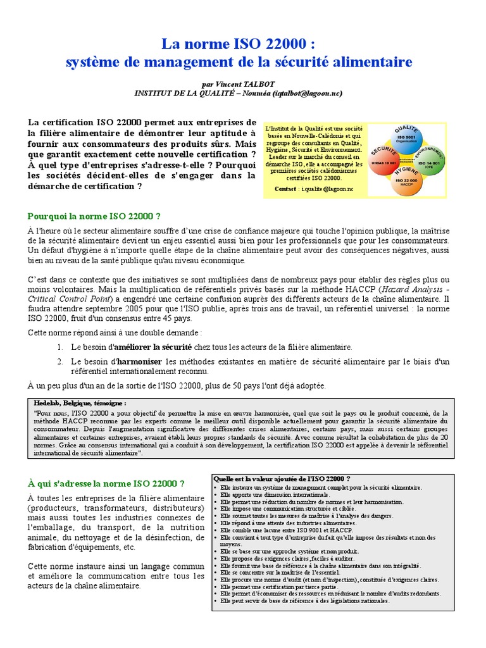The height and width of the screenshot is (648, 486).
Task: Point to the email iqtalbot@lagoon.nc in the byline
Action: coord(308,93)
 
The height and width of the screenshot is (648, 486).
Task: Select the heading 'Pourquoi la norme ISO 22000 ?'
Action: coord(94,216)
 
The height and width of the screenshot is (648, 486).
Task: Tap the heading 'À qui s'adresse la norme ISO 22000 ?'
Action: coord(106,483)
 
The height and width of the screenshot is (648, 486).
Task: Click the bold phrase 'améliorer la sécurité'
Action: coord(152,347)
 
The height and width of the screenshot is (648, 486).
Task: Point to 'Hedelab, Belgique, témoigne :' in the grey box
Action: coord(80,402)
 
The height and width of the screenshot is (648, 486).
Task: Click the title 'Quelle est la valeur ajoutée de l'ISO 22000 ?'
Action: coord(282,478)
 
